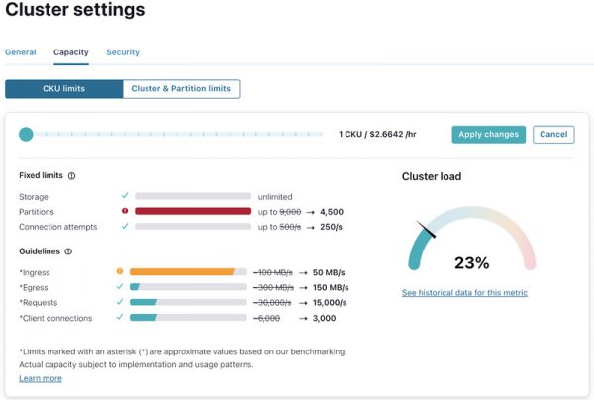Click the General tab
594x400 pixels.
[20, 52]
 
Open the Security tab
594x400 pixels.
[123, 52]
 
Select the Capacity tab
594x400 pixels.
[70, 52]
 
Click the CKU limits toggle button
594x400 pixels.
[63, 89]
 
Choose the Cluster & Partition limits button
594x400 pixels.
[181, 89]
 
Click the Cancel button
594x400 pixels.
[553, 135]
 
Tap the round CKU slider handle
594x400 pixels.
[26, 135]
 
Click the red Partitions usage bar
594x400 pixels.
[192, 211]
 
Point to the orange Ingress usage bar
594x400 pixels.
[182, 271]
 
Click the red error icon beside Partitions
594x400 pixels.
[125, 211]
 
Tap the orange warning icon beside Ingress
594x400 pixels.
[120, 271]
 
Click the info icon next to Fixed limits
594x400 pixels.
[72, 176]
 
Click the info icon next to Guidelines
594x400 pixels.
[67, 251]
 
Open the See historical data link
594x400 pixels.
[464, 293]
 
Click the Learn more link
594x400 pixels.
[41, 378]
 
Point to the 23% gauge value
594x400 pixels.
[471, 263]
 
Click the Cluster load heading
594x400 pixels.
[431, 177]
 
